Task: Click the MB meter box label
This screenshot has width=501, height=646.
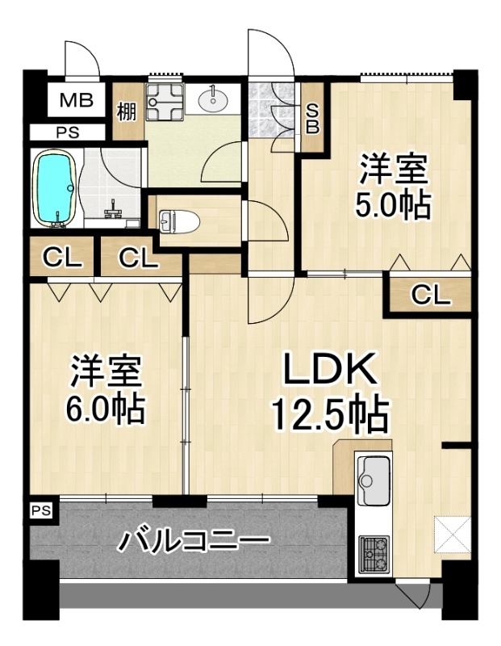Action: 76,100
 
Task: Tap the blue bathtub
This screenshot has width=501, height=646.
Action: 56,187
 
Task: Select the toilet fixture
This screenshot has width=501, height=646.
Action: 179,220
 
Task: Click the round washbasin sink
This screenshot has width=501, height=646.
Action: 213,99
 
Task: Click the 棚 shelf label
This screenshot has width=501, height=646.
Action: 127,111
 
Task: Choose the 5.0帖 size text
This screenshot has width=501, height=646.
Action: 393,205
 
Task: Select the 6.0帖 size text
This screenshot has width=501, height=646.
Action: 106,409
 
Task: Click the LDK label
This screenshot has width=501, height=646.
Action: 329,368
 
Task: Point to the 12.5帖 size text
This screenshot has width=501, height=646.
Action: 329,413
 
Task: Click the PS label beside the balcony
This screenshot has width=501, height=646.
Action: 41,510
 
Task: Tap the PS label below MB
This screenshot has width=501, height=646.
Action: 68,133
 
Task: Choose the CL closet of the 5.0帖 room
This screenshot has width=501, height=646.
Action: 430,295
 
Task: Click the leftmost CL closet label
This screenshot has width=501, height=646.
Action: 62,258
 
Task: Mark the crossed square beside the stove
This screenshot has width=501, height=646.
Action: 453,534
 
